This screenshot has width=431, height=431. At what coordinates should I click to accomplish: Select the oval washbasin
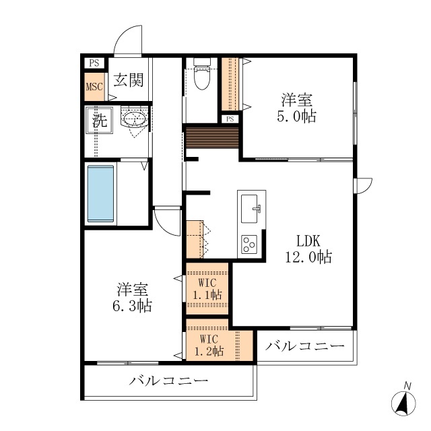click(x=133, y=121)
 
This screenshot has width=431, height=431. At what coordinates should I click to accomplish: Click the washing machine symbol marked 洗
click(x=99, y=122)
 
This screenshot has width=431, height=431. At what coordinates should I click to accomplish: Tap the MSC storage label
click(x=94, y=87)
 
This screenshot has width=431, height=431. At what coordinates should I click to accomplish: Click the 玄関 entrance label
click(x=128, y=80)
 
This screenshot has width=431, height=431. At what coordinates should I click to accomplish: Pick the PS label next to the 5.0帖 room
click(x=230, y=119)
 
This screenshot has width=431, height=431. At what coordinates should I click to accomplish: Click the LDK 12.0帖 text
click(x=309, y=248)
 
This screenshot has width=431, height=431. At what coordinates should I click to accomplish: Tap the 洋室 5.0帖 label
click(x=296, y=108)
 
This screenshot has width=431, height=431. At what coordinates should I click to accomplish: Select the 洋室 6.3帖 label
click(x=133, y=298)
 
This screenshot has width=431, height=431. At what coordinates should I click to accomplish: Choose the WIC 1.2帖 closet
click(x=210, y=345)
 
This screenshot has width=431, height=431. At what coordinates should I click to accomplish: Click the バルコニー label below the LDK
click(x=304, y=347)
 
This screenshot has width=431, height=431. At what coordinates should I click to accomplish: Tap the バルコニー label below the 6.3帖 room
click(x=169, y=381)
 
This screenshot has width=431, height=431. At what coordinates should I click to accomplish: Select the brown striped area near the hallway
click(x=212, y=137)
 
